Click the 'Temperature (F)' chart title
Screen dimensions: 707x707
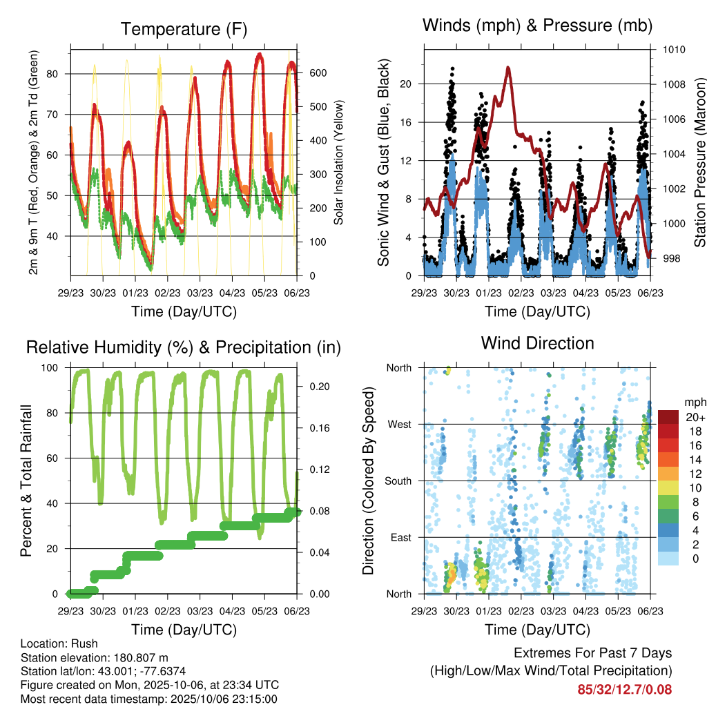184,29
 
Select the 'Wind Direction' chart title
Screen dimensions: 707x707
537,343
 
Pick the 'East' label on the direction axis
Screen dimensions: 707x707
400,537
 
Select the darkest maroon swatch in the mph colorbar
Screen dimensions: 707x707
668,416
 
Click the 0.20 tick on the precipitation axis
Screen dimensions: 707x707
314,387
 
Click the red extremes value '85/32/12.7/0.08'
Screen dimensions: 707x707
624,689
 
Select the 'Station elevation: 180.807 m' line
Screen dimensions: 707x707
95,657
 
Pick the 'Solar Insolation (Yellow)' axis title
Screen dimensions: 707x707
338,162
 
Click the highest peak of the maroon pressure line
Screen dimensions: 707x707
509,68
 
